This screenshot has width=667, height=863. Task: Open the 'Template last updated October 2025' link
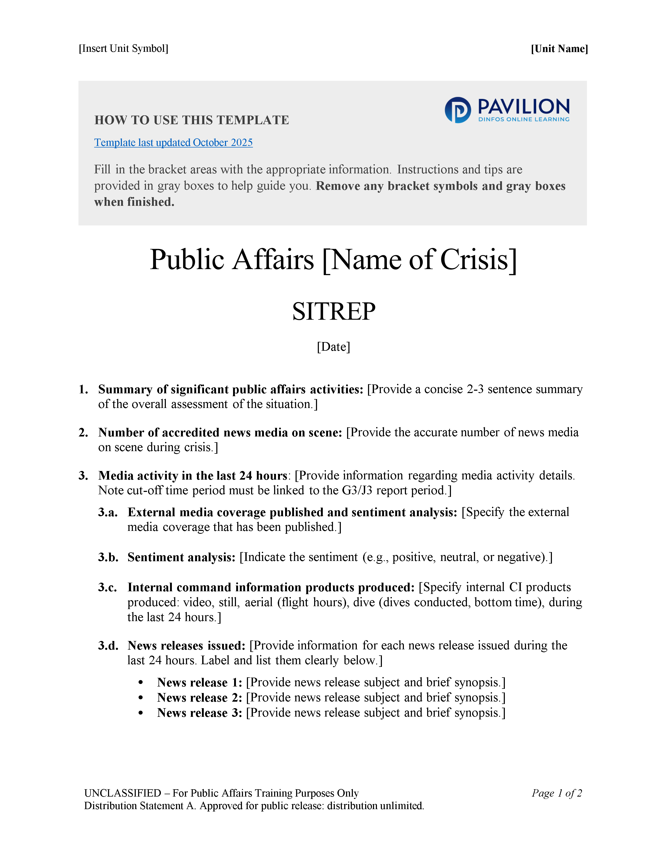pyautogui.click(x=173, y=143)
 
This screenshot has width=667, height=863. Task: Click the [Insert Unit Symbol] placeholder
pyautogui.click(x=123, y=49)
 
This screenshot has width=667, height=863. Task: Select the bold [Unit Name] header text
pyautogui.click(x=559, y=49)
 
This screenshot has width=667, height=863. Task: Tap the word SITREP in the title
pyautogui.click(x=334, y=311)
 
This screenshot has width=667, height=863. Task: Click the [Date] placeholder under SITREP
pyautogui.click(x=334, y=347)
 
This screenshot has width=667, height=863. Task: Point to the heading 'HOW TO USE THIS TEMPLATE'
pyautogui.click(x=192, y=120)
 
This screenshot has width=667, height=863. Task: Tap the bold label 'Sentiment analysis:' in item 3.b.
pyautogui.click(x=181, y=557)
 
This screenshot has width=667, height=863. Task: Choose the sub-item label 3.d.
pyautogui.click(x=108, y=646)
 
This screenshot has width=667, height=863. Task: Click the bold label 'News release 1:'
pyautogui.click(x=200, y=682)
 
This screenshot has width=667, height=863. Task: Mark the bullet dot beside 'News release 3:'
pyautogui.click(x=141, y=713)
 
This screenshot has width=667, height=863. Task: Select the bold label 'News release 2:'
pyautogui.click(x=200, y=698)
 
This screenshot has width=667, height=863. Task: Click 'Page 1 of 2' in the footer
pyautogui.click(x=556, y=793)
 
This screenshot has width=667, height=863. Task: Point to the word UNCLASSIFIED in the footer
pyautogui.click(x=122, y=793)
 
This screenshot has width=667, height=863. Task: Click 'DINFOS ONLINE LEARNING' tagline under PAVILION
pyautogui.click(x=524, y=119)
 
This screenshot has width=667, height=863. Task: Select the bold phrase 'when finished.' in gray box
pyautogui.click(x=134, y=202)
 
